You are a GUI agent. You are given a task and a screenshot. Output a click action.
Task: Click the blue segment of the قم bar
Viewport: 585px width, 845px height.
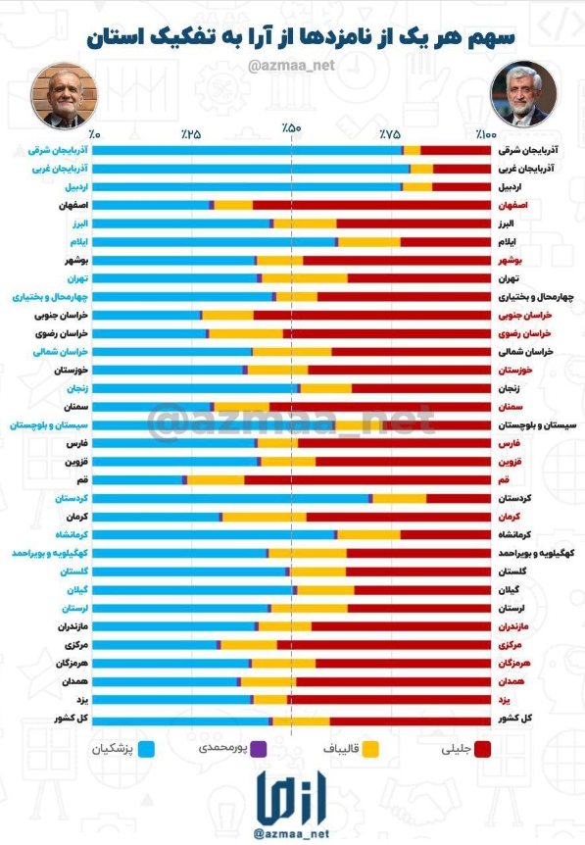click(x=137, y=479)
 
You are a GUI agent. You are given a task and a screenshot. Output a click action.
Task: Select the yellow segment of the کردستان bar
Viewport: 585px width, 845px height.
click(x=399, y=498)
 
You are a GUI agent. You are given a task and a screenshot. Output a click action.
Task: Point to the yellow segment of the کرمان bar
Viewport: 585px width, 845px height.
click(x=265, y=517)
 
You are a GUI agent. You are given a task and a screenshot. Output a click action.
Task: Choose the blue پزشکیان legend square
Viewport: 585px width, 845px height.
click(x=149, y=749)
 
